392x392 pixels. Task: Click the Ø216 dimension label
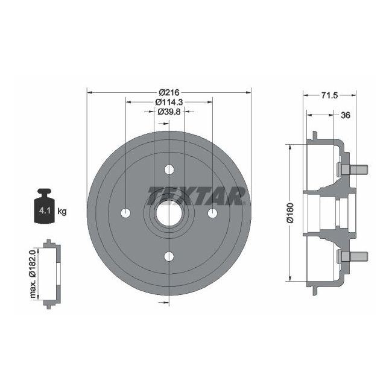[x=169, y=92]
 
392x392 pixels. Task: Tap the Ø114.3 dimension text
[x=169, y=102]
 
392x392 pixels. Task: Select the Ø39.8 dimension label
[x=169, y=112]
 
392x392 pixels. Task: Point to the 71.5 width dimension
[x=329, y=95]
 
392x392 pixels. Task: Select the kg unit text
[x=62, y=212]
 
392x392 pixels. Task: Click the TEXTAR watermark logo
[x=197, y=194]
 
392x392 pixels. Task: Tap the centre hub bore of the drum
[x=169, y=213]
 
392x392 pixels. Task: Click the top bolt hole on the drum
[x=169, y=170]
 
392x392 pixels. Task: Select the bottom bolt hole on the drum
[x=169, y=256]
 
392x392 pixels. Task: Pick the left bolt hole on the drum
[x=125, y=213]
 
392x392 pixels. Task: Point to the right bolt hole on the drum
[x=212, y=213]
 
